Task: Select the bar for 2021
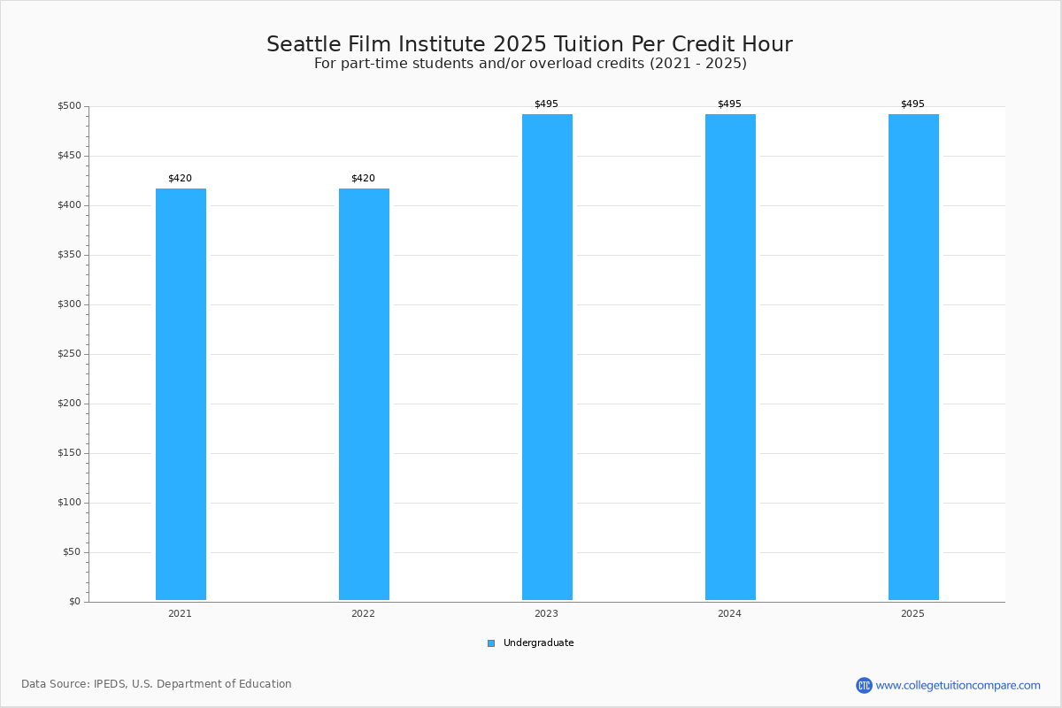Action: (x=181, y=394)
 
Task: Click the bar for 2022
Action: (x=364, y=394)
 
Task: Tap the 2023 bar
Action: (x=547, y=357)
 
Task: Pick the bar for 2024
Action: (x=730, y=357)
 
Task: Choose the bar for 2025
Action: (x=913, y=357)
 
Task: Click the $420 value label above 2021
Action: (x=180, y=179)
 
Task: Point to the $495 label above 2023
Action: (x=546, y=104)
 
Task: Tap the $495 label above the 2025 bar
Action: (x=912, y=104)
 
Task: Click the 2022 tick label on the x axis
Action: (x=363, y=614)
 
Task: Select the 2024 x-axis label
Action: (x=729, y=614)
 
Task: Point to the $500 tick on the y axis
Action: (x=69, y=106)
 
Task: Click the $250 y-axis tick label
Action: (x=69, y=354)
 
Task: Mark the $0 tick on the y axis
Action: (x=74, y=602)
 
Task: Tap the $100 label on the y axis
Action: (x=69, y=503)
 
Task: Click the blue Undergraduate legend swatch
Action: (x=491, y=643)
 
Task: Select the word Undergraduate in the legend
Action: (x=538, y=643)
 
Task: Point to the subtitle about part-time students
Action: (x=530, y=64)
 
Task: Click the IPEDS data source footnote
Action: (x=157, y=684)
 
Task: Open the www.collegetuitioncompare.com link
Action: (x=958, y=685)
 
